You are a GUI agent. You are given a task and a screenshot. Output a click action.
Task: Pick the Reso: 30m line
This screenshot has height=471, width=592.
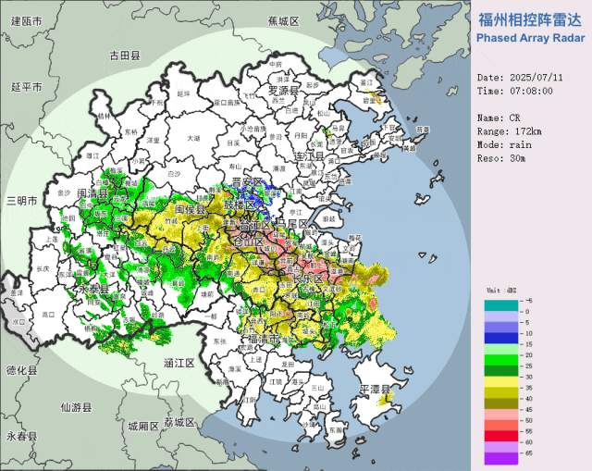500,159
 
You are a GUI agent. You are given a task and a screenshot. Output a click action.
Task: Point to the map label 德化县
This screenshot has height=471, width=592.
19,369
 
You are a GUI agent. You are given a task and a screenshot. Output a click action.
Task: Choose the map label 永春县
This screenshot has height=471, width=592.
18,436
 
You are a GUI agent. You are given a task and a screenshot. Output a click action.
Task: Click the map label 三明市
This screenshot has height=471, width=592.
19,201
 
